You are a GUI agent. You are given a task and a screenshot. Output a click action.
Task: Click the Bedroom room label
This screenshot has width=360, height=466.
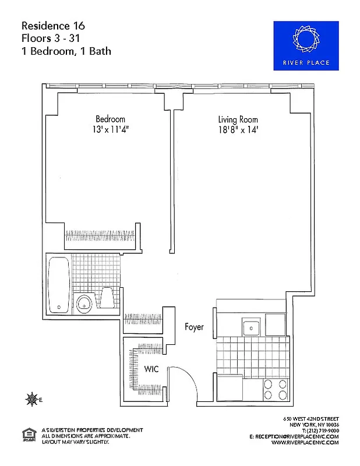pos(110,119)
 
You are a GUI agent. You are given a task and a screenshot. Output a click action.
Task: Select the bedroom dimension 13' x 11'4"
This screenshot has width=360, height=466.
pos(110,129)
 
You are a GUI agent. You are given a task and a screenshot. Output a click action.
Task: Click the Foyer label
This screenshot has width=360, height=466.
pos(194,327)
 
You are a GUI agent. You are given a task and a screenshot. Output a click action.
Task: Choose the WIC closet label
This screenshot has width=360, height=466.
pos(152,369)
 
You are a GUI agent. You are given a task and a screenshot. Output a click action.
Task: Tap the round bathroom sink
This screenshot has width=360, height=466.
pos(85,302)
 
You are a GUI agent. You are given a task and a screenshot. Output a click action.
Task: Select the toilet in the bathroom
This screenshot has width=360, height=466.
pos(108,298)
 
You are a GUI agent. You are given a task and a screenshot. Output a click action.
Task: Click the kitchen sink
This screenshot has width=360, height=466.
pos(250,327)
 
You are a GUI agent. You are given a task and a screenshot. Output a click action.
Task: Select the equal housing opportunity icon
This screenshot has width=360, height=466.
pos(27,433)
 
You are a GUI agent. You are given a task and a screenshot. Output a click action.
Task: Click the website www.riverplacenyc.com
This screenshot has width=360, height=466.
pos(305,442)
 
